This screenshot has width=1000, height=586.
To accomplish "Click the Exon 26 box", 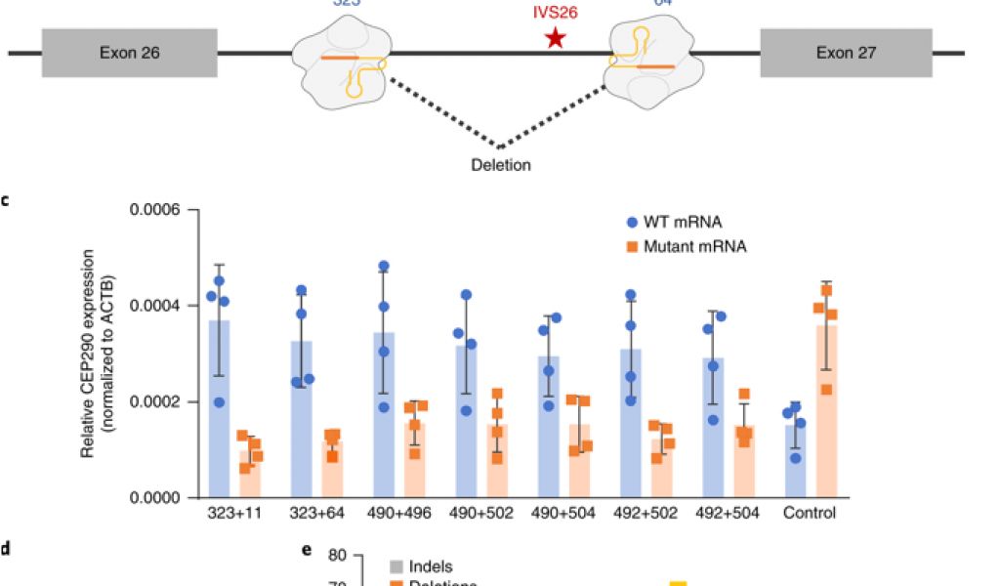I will (x=129, y=52).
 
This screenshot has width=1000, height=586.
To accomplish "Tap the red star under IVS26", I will (x=556, y=39).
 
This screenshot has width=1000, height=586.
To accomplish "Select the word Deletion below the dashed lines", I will (x=501, y=165).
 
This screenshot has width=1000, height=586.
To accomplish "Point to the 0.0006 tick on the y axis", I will (x=162, y=210).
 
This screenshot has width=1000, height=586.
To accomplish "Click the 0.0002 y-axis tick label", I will (x=162, y=401).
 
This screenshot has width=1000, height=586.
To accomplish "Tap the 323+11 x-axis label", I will (x=233, y=513).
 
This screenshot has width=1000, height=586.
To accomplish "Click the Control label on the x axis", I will (x=811, y=513).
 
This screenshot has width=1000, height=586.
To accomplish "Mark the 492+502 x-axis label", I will (x=646, y=513).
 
